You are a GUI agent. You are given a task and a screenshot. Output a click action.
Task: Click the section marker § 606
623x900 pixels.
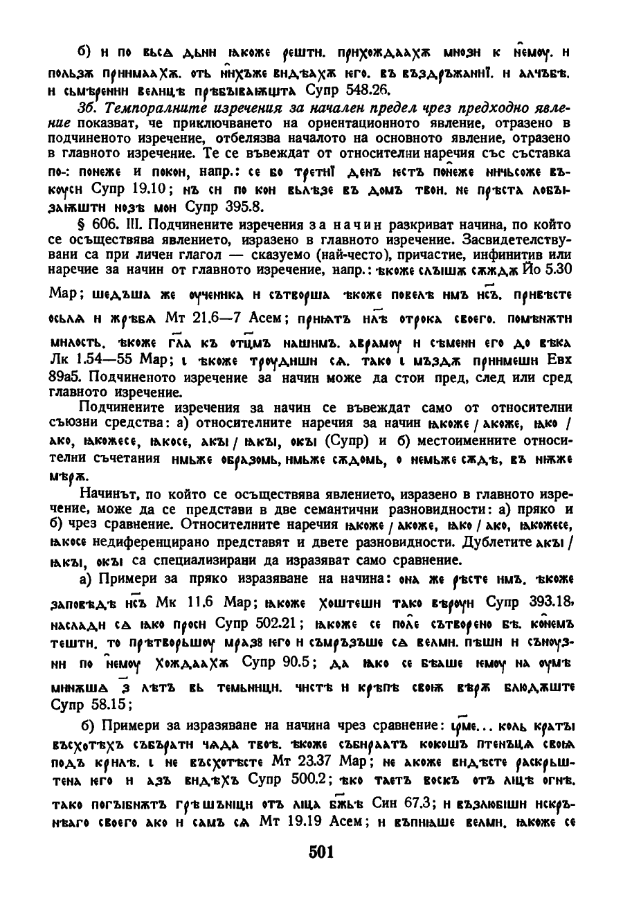pyautogui.click(x=98, y=226)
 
